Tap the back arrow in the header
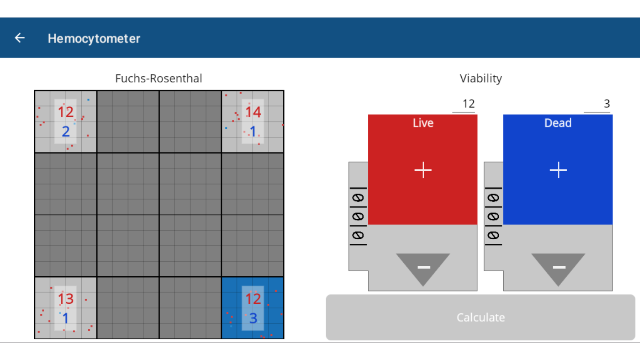(20, 38)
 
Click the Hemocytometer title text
(94, 39)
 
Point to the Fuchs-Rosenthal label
(159, 78)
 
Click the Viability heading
(480, 79)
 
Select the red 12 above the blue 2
(66, 112)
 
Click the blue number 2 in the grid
(66, 131)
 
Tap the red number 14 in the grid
(253, 112)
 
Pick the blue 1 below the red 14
(253, 131)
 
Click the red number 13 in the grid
(66, 299)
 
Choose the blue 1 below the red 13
(65, 318)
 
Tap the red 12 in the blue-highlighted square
(253, 299)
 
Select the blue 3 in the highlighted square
(253, 318)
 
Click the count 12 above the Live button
(469, 104)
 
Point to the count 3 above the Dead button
(607, 104)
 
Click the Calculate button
(480, 317)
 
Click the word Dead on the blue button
(558, 123)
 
